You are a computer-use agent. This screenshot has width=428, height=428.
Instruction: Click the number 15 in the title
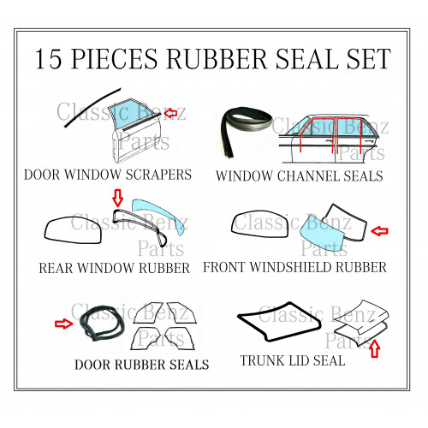tap(48, 59)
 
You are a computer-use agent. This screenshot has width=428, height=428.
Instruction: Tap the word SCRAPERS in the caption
tap(158, 175)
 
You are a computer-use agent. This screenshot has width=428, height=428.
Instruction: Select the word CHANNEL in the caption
tap(308, 175)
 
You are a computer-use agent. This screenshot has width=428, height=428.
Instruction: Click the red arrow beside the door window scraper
tap(170, 113)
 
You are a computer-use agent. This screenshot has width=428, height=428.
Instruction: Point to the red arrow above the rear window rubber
tap(117, 197)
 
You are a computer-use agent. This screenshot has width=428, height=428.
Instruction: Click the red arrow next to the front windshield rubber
tap(379, 231)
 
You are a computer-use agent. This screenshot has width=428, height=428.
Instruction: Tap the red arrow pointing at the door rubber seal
tap(63, 324)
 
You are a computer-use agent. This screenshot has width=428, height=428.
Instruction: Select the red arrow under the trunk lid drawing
tap(375, 348)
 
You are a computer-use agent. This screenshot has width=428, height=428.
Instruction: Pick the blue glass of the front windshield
tap(324, 235)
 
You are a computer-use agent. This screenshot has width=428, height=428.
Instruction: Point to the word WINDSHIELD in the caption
tap(290, 267)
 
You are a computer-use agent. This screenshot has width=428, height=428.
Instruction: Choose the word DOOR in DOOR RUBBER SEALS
tap(92, 365)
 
